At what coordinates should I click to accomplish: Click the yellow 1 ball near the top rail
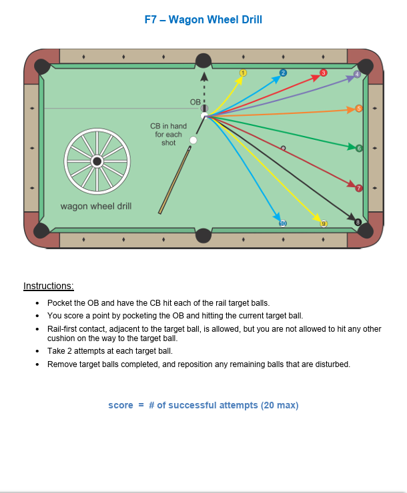click(x=243, y=73)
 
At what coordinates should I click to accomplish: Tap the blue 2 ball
click(x=283, y=73)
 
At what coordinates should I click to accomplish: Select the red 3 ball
click(x=324, y=73)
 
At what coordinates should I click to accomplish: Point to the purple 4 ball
click(x=357, y=74)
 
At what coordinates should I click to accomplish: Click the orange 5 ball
click(x=359, y=109)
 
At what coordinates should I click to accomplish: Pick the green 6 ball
click(x=359, y=148)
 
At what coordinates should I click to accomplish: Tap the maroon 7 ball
click(x=359, y=188)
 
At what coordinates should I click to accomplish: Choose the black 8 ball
click(x=358, y=223)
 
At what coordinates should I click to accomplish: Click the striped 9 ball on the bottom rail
click(x=324, y=224)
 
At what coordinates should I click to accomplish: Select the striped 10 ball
click(x=283, y=224)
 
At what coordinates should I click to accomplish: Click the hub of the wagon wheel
click(x=97, y=161)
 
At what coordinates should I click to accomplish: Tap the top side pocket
click(x=203, y=61)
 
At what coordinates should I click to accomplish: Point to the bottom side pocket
click(x=203, y=235)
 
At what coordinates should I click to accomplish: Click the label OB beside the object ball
click(x=195, y=102)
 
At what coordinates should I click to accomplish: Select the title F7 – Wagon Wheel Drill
click(x=203, y=19)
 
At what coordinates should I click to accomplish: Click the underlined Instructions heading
click(x=49, y=286)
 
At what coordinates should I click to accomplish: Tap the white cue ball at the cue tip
click(x=193, y=140)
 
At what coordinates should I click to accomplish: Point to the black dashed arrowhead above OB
click(x=204, y=77)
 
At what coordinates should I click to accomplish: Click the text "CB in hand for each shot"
click(x=168, y=135)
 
